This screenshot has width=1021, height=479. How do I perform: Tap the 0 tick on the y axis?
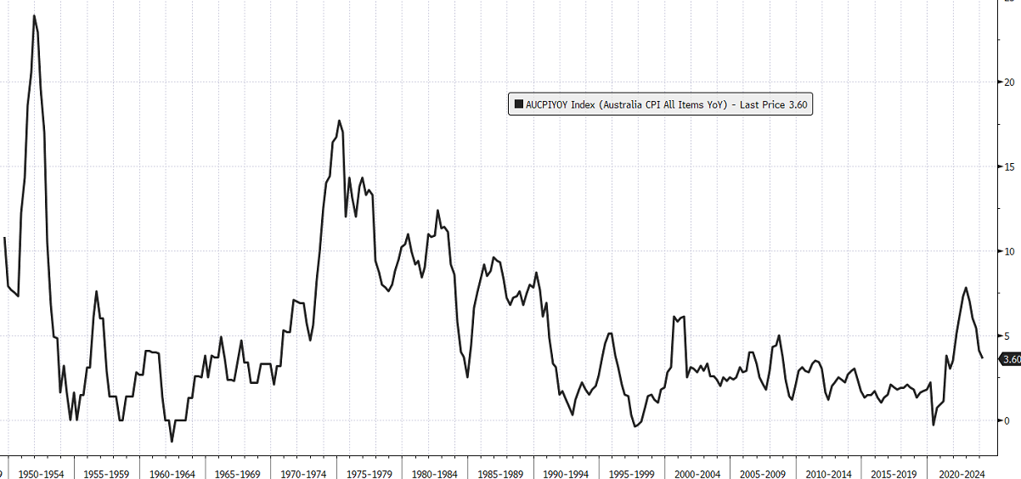pos(1007,420)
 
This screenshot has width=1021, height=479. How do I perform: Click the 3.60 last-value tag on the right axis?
pos(1011,360)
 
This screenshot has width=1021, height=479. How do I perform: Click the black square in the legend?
pos(517,104)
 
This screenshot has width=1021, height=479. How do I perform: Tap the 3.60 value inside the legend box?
pos(796,104)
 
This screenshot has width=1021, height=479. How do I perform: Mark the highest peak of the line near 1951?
pos(34,15)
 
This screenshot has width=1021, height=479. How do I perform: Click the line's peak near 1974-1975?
pos(339,121)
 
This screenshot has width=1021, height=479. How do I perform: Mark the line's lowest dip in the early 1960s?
pos(172,441)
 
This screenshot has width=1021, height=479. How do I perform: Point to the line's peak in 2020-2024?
pos(966,288)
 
